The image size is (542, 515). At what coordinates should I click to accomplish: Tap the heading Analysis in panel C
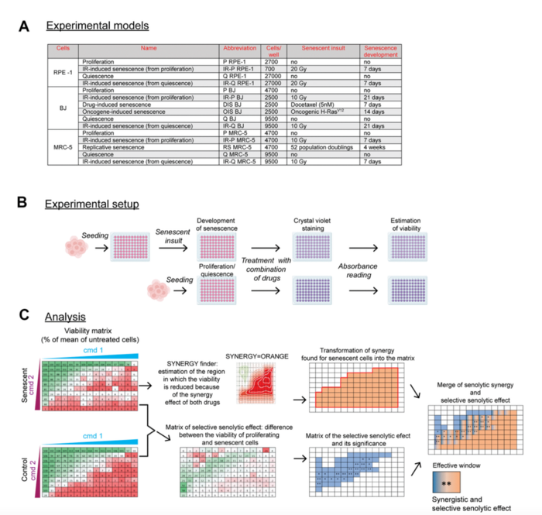point(65,318)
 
